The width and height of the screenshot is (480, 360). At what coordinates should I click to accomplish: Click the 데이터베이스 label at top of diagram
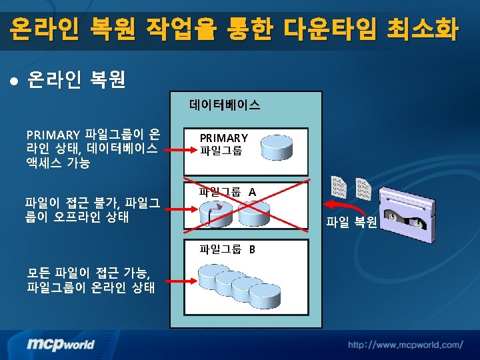[225, 105]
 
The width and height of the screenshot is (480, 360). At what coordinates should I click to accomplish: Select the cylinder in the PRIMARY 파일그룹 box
[277, 147]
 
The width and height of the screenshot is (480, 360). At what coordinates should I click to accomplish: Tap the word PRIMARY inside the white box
[224, 138]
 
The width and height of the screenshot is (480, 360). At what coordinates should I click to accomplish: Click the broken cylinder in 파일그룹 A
[216, 214]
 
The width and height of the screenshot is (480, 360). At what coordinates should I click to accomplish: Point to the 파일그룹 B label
[227, 249]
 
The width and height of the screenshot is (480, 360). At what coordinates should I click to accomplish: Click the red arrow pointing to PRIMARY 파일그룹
[181, 150]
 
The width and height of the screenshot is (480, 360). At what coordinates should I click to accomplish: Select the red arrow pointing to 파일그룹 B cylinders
[181, 281]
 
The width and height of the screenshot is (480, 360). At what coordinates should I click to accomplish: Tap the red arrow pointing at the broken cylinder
[181, 209]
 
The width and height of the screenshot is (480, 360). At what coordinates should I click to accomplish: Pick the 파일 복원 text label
[351, 221]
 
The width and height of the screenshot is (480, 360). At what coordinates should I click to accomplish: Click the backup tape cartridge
[407, 215]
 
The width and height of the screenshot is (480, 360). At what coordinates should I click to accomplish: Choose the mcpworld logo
[60, 345]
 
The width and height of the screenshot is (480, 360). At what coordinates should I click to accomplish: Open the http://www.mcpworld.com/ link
[405, 345]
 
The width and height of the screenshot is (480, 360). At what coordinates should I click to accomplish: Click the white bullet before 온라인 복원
[14, 81]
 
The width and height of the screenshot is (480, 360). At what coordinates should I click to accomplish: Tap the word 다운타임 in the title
[329, 29]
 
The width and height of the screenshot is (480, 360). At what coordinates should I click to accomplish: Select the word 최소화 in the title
[423, 29]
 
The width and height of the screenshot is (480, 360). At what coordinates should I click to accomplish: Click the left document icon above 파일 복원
[339, 187]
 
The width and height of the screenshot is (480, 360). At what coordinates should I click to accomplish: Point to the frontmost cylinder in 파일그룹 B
[265, 296]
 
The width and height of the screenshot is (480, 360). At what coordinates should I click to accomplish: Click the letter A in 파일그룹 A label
[252, 192]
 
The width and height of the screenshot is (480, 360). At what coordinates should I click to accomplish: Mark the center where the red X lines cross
[247, 205]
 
